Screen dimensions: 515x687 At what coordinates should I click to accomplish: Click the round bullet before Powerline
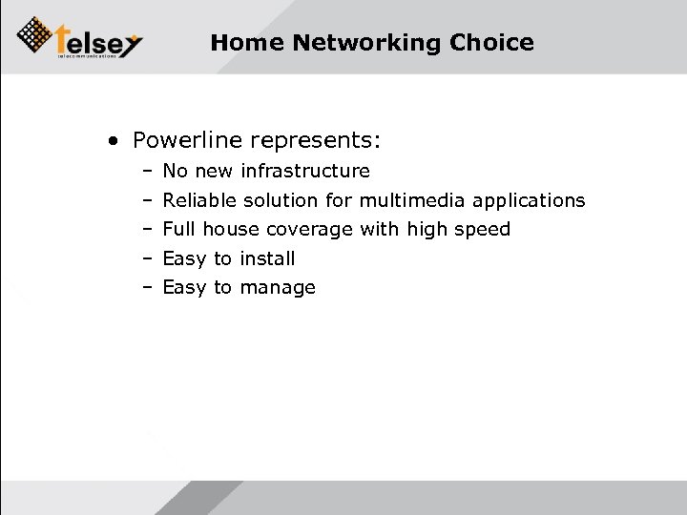(114, 142)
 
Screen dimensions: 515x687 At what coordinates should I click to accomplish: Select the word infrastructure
(304, 171)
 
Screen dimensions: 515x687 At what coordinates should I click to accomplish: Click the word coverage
(311, 229)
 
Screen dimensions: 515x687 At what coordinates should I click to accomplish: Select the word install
(267, 257)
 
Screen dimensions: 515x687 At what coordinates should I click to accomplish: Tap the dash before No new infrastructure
(150, 172)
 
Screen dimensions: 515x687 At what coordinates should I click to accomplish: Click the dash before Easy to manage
(150, 288)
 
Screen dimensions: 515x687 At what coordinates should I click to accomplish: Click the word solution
(282, 200)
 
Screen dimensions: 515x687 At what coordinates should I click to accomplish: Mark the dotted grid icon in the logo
(36, 35)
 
